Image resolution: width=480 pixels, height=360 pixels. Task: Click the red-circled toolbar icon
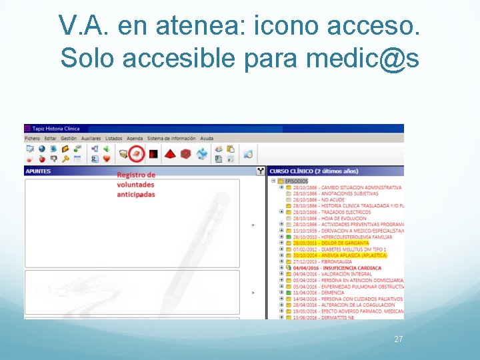tap(136, 153)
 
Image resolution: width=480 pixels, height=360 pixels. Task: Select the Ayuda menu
tap(207, 138)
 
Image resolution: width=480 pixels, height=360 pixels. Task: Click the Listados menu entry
tap(114, 138)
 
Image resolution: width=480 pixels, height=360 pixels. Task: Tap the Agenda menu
tap(135, 138)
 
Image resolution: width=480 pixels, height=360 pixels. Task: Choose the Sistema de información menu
tap(171, 138)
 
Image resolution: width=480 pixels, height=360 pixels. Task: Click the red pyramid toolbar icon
tap(170, 153)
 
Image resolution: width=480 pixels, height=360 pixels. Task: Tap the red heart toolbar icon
tap(106, 159)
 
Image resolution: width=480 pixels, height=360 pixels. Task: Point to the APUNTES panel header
tap(38, 171)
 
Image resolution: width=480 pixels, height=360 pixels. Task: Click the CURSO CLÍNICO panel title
tap(313, 171)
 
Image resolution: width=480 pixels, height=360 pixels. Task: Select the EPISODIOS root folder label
tap(297, 181)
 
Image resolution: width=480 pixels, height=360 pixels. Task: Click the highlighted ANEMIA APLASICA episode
tap(339, 255)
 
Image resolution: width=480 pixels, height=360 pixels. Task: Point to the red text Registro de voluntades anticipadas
tap(136, 185)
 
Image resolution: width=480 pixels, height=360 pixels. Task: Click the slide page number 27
tap(399, 339)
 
